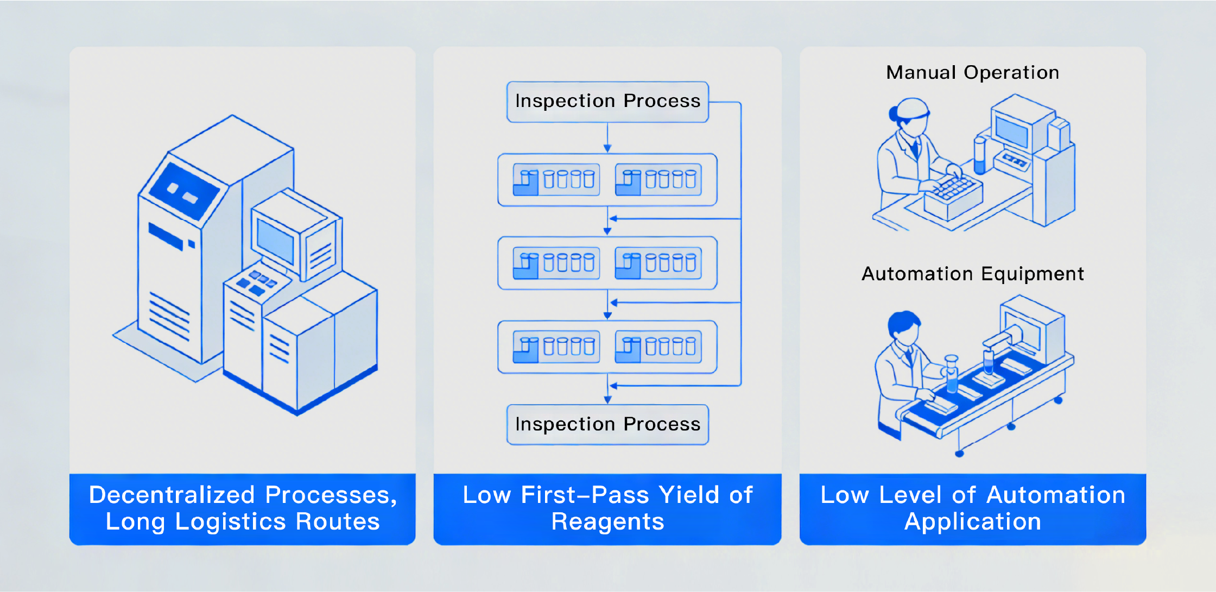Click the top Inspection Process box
(x=607, y=102)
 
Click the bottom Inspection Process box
(x=607, y=424)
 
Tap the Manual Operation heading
(x=972, y=72)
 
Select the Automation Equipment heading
(x=972, y=274)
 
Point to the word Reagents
(x=607, y=522)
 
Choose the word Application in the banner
(x=972, y=522)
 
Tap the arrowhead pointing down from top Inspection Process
(x=607, y=148)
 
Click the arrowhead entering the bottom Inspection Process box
(x=607, y=400)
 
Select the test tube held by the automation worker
(x=952, y=374)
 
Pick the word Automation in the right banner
(x=1056, y=495)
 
